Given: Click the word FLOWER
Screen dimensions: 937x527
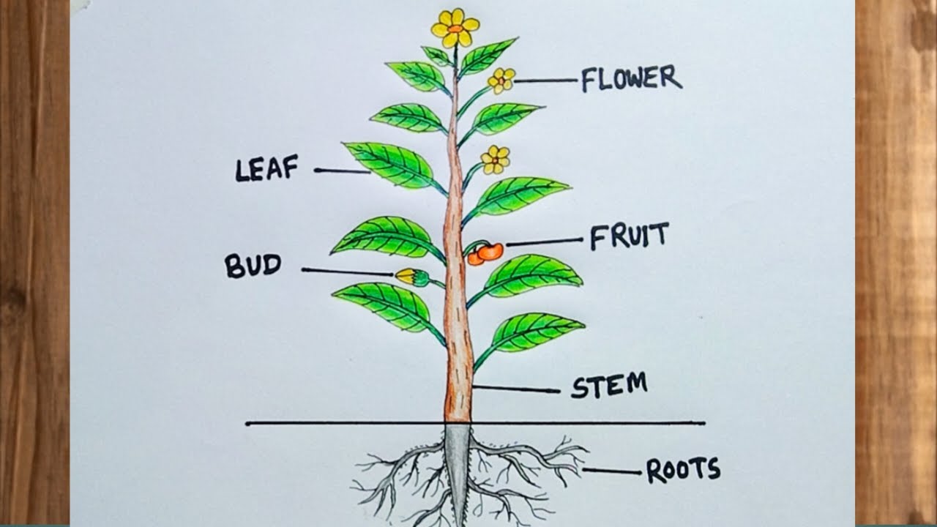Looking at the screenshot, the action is coord(631,78).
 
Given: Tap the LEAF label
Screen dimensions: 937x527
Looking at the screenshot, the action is coord(266,169).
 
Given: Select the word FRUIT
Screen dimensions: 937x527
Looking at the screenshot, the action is coord(629,237).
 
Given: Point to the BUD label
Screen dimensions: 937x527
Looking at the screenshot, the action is coord(253,265).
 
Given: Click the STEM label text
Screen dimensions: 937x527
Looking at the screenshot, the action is coord(609,385).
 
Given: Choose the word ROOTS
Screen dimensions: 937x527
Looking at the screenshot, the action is coord(683,470).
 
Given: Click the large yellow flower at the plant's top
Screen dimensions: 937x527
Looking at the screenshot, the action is coord(455,28).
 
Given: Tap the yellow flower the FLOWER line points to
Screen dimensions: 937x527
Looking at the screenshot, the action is coord(501,80).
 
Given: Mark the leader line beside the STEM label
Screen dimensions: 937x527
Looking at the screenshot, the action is coord(516,389).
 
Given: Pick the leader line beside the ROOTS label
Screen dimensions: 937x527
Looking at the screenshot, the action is coord(612,471).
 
